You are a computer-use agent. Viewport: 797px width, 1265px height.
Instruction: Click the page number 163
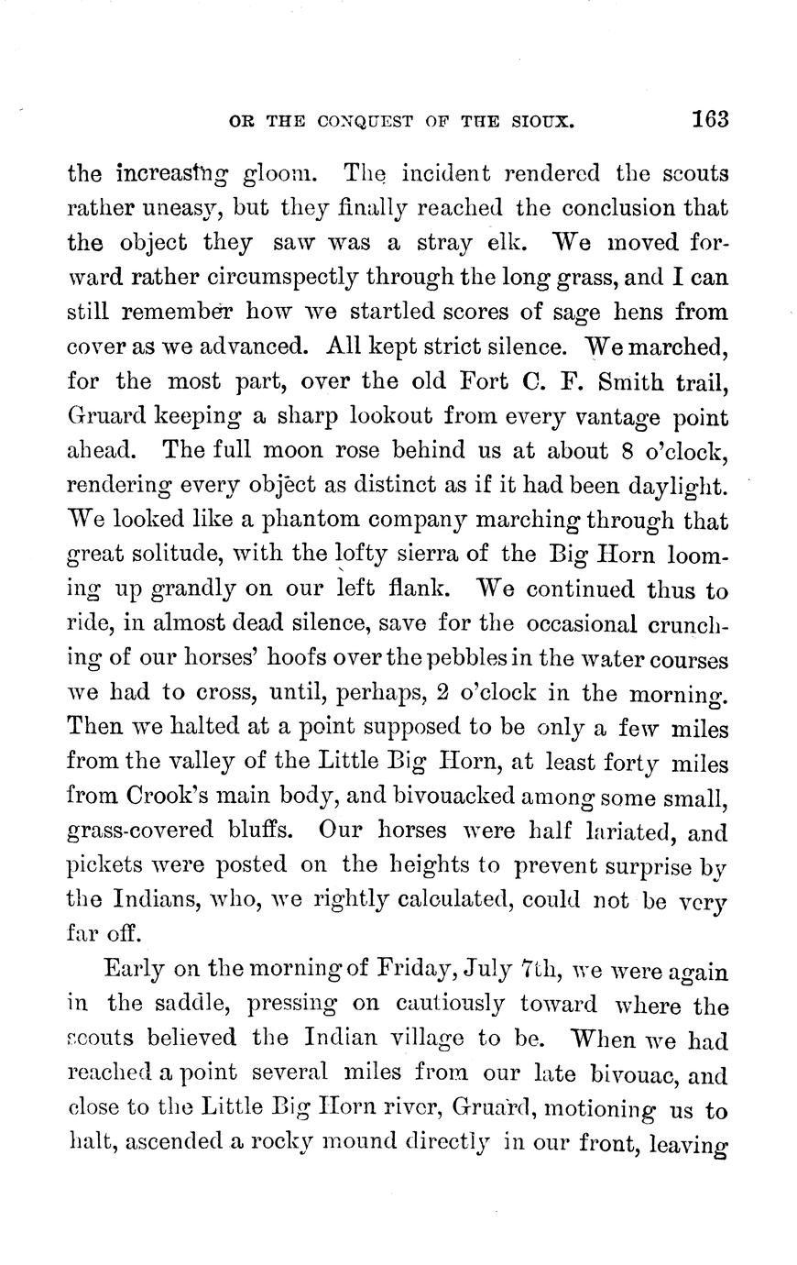710,119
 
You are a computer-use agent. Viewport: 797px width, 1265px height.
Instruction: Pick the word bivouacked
400,797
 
